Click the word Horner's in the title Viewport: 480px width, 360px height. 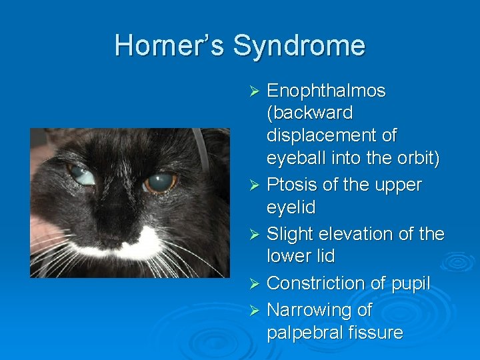pyautogui.click(x=169, y=45)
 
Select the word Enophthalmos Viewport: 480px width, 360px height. pyautogui.click(x=326, y=91)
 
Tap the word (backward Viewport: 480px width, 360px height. pyautogui.click(x=309, y=113)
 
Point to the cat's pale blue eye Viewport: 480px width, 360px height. pyautogui.click(x=81, y=176)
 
